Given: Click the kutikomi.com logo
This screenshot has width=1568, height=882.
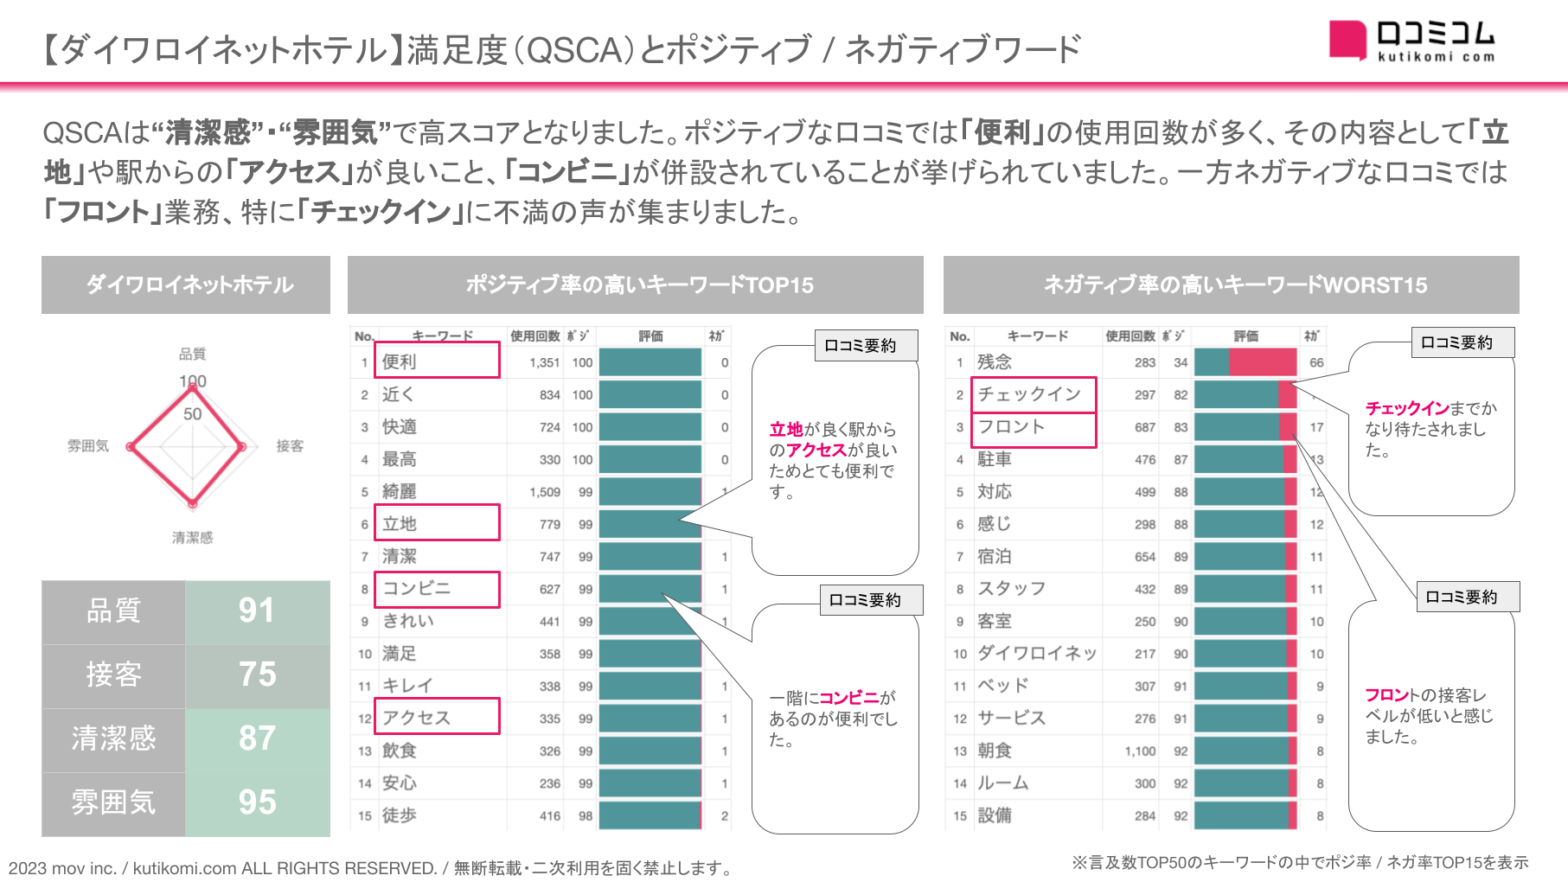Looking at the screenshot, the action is point(1411,41).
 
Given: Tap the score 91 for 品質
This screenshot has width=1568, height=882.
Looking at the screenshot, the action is point(257,610).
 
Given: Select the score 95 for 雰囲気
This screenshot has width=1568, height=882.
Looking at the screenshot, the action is point(257,802).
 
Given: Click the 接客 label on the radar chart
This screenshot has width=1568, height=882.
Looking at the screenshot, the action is point(290,446).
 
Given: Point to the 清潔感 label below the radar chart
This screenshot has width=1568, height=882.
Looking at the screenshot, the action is point(192,538).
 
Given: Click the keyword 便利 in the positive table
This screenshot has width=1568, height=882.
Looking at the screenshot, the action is point(400,361).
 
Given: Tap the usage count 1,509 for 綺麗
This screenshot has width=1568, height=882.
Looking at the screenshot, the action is point(544,492).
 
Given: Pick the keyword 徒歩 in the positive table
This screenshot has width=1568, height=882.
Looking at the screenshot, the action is point(400,815).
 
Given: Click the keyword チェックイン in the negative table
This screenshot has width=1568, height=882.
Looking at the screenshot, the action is point(1029,394).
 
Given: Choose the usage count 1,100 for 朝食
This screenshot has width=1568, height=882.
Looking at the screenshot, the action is point(1140,751).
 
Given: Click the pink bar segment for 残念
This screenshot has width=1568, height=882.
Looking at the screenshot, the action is point(1262,362).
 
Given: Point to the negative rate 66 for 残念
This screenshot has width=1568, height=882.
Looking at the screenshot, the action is point(1316,362).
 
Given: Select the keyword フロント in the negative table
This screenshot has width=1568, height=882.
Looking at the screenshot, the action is point(1011,427).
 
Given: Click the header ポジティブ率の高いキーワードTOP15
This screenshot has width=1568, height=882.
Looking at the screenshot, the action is point(639,285).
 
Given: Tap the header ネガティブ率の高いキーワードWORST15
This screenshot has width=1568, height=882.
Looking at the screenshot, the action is point(1235,285).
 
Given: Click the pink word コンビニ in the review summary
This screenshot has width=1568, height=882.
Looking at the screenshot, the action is point(848,698).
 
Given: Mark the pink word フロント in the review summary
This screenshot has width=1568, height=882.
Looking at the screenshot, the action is point(1387,695).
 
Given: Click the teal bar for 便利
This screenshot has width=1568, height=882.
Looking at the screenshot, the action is point(650,362).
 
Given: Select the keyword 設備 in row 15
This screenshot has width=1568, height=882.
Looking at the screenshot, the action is point(995,815).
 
